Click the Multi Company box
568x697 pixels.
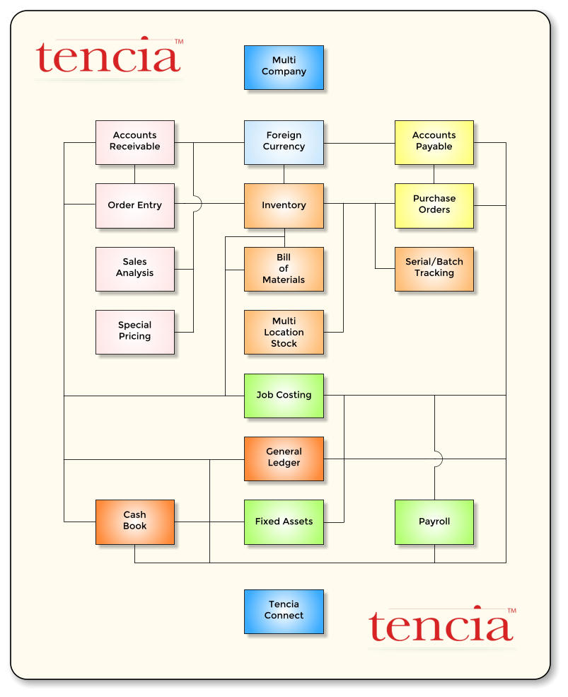(284, 67)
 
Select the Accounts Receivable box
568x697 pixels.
(135, 142)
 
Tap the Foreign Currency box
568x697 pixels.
(284, 142)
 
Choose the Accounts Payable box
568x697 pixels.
(434, 142)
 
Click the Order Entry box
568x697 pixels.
(135, 206)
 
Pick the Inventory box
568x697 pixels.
(284, 206)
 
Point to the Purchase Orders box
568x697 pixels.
(434, 206)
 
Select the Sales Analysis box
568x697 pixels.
(135, 269)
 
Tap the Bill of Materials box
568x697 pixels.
(284, 269)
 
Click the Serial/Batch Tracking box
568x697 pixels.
(434, 269)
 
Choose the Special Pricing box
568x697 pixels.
(135, 332)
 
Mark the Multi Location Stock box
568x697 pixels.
(284, 332)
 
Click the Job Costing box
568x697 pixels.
(284, 396)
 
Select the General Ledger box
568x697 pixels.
(284, 459)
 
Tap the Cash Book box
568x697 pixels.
(135, 522)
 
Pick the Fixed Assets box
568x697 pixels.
(284, 522)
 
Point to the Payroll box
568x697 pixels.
(434, 522)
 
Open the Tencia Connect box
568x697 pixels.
(284, 611)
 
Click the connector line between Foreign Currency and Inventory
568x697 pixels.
(284, 174)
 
